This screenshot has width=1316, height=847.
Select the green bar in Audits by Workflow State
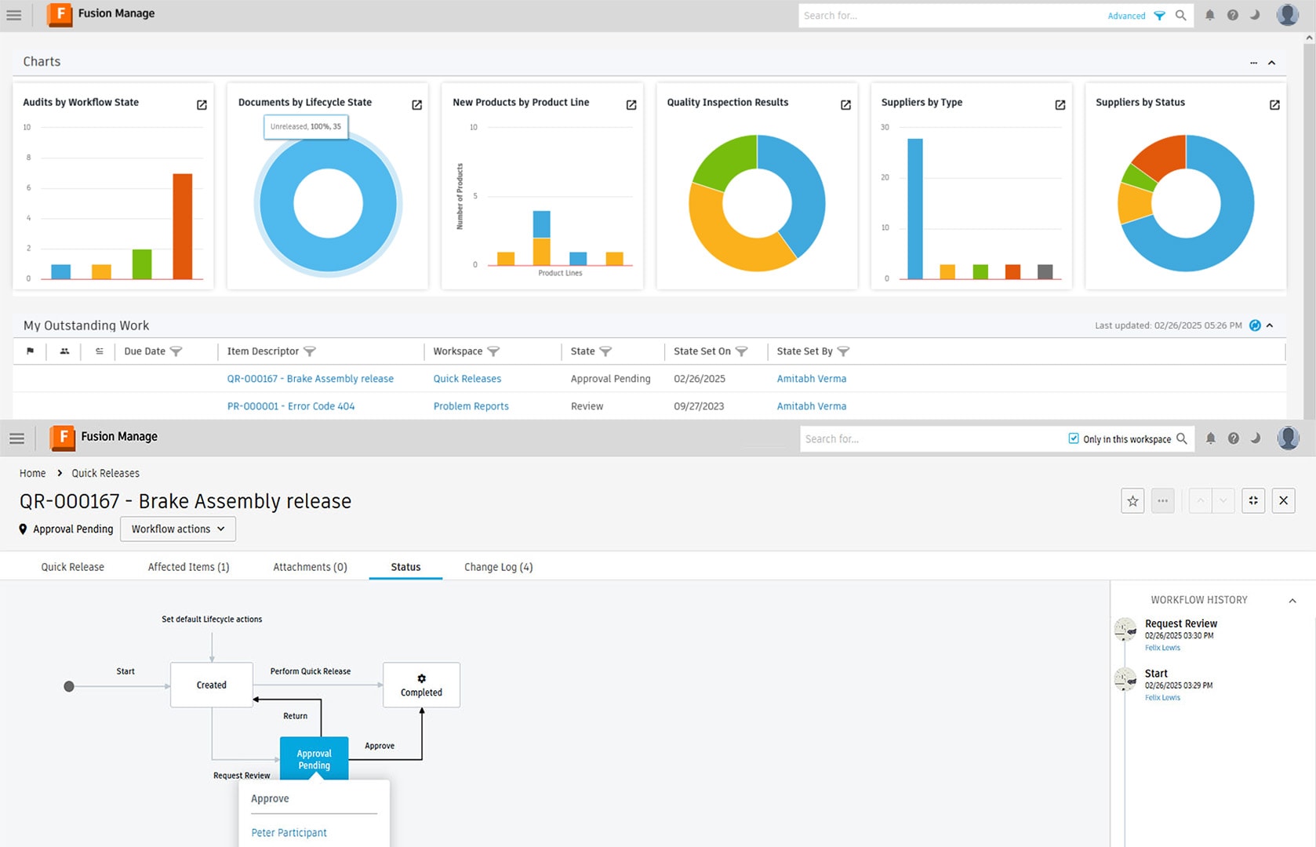point(142,264)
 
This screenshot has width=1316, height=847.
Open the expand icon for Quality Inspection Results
point(845,105)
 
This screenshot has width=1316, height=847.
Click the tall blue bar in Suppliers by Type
point(914,209)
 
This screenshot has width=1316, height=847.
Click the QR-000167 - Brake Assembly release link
point(310,379)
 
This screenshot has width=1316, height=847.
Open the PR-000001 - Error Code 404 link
point(290,406)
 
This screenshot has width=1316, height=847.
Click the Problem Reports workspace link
point(471,406)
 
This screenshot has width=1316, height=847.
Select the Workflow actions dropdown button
point(178,529)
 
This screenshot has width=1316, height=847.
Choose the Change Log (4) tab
point(498,567)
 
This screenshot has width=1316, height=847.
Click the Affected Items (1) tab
point(188,567)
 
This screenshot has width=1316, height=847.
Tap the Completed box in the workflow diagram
point(421,685)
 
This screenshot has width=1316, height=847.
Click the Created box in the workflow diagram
point(211,685)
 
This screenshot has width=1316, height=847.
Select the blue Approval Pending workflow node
point(314,758)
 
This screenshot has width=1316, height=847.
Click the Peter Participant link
point(289,833)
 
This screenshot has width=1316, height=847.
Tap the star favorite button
point(1132,501)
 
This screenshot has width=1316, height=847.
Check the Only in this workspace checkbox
point(1074,438)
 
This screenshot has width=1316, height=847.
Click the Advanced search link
point(1126,16)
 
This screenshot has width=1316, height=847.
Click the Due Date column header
point(144,351)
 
